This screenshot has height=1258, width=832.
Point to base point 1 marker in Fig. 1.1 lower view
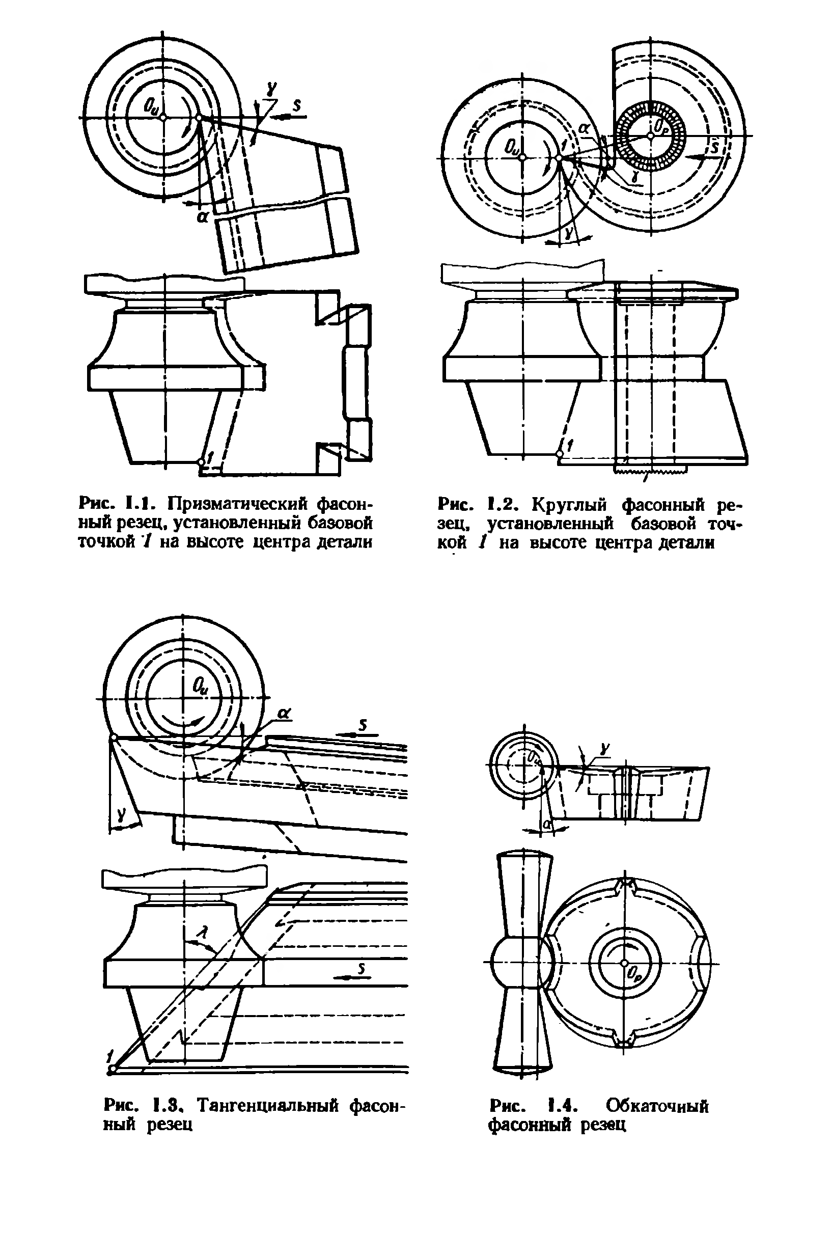tap(201, 462)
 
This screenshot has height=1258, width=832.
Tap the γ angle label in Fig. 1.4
tap(605, 749)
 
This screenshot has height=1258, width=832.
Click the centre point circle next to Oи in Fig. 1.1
tap(164, 117)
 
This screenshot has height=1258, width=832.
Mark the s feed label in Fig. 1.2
tap(714, 146)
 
